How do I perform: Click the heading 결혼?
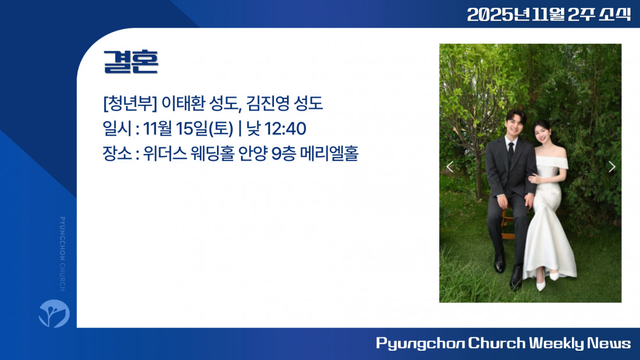[130, 62]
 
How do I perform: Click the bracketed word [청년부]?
[130, 103]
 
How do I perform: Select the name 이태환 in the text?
[183, 103]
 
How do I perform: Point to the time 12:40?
[285, 129]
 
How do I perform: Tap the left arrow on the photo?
[450, 166]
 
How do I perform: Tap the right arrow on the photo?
[612, 166]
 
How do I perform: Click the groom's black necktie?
[511, 152]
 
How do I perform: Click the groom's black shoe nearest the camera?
[516, 278]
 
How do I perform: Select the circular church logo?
[54, 313]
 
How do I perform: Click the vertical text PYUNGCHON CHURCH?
[62, 254]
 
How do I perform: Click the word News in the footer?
[609, 343]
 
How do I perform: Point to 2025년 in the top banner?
[499, 15]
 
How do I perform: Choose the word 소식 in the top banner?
[615, 15]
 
